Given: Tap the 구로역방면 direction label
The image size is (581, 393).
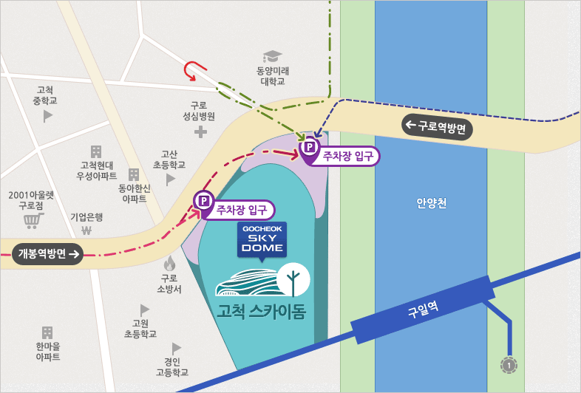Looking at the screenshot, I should [437, 126].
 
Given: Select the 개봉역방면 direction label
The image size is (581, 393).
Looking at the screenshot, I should [47, 254].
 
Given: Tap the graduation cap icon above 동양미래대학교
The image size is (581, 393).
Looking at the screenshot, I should [272, 56].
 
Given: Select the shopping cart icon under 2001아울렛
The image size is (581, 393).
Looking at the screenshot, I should [32, 220].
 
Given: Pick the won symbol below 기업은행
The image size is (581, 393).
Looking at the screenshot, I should [86, 230].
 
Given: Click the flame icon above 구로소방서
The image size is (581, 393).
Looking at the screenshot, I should [169, 262].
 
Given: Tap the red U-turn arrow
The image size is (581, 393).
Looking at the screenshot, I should [193, 69].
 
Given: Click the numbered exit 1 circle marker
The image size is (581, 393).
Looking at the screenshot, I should [508, 364].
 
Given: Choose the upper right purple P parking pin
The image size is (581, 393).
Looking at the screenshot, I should [309, 148].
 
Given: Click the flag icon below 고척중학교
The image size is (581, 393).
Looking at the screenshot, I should [48, 115].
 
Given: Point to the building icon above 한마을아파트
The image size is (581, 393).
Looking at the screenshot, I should [47, 332].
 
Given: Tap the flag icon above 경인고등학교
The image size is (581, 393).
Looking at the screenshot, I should [176, 347].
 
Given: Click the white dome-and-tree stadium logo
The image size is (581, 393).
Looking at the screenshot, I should [262, 281].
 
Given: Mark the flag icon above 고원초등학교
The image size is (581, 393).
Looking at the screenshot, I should [145, 310].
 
